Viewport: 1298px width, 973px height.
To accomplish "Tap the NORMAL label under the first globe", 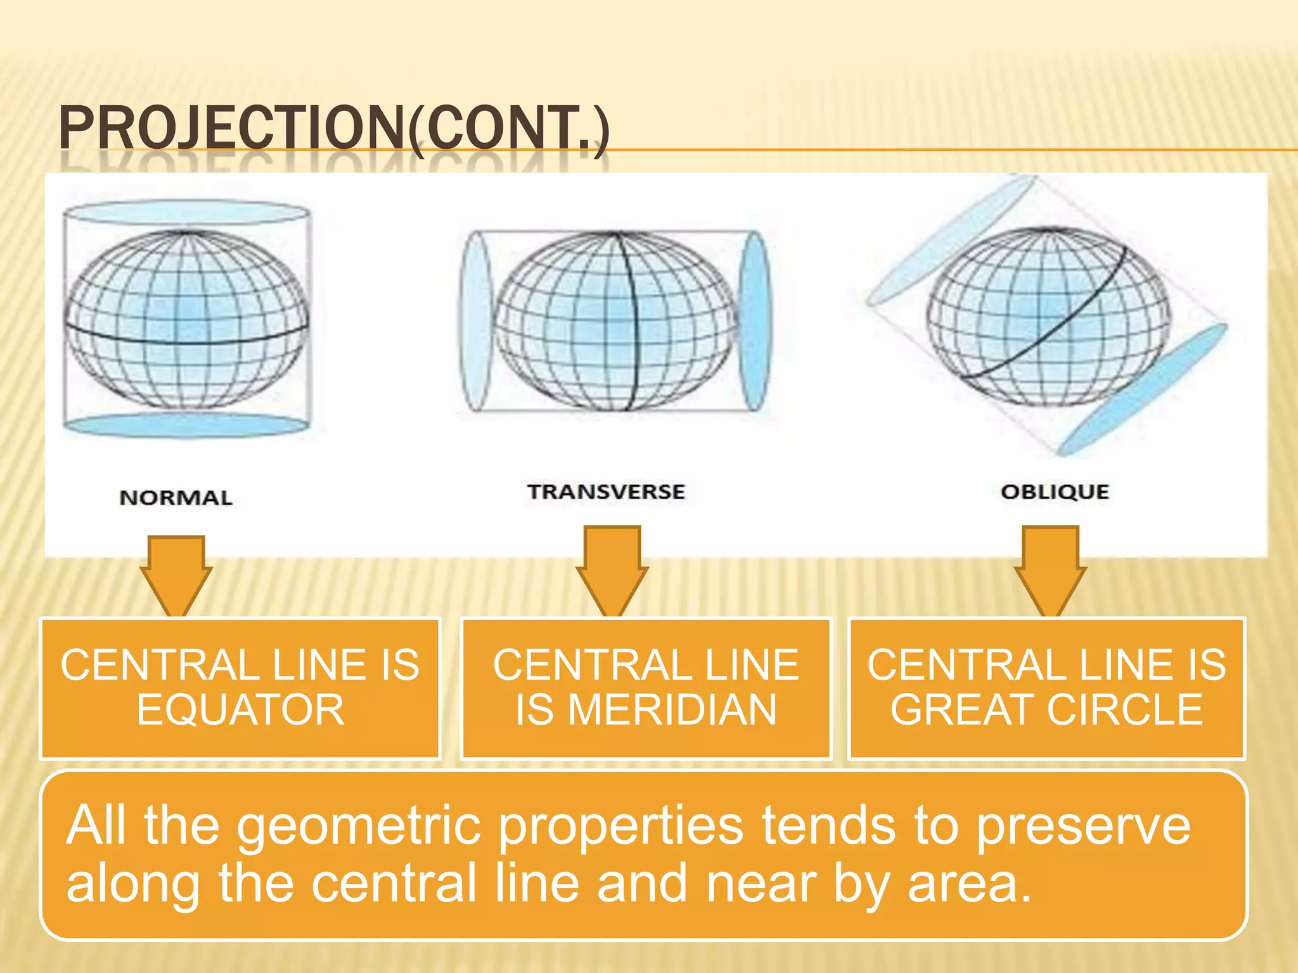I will pyautogui.click(x=176, y=498).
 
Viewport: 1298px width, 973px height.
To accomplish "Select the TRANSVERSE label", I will pyautogui.click(x=606, y=492).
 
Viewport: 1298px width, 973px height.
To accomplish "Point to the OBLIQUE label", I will pyautogui.click(x=1055, y=492).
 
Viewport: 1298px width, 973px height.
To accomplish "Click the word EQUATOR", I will pyautogui.click(x=240, y=710).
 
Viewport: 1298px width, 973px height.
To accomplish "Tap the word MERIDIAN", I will pyautogui.click(x=672, y=710).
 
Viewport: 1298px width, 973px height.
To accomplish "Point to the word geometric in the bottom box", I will pyautogui.click(x=359, y=827).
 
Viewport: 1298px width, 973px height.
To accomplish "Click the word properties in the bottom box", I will pyautogui.click(x=621, y=827).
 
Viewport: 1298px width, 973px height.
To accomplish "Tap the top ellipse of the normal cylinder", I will pyautogui.click(x=186, y=212).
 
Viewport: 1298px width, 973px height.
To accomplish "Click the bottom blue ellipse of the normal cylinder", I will pyautogui.click(x=186, y=425).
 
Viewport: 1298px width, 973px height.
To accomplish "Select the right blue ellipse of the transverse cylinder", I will pyautogui.click(x=755, y=321).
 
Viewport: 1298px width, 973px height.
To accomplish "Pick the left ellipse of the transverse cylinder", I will pyautogui.click(x=476, y=321).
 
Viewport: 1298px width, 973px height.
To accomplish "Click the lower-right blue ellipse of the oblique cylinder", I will pyautogui.click(x=1144, y=389).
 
